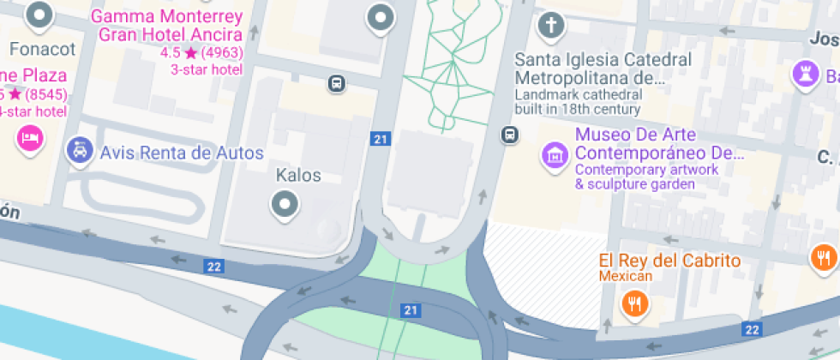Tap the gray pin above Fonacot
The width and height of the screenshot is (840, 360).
pyautogui.click(x=39, y=15)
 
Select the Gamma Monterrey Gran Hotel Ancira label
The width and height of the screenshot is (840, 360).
pyautogui.click(x=166, y=26)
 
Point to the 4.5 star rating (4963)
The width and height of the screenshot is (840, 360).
pyautogui.click(x=201, y=53)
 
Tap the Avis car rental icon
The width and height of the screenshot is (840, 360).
pyautogui.click(x=80, y=152)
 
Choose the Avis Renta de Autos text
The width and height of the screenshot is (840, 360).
pyautogui.click(x=182, y=153)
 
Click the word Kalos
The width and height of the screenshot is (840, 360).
pyautogui.click(x=298, y=176)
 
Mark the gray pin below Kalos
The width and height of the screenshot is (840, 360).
pyautogui.click(x=285, y=205)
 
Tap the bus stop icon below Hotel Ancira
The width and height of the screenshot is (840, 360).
pyautogui.click(x=336, y=84)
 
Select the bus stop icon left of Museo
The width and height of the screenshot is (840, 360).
pyautogui.click(x=510, y=135)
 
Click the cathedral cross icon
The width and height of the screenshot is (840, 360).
pyautogui.click(x=551, y=24)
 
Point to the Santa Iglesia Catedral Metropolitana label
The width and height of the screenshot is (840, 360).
pyautogui.click(x=603, y=69)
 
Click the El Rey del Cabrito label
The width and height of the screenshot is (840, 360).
pyautogui.click(x=669, y=261)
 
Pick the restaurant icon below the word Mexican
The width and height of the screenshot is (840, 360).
pyautogui.click(x=634, y=302)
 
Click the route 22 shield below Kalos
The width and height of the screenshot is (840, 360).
pyautogui.click(x=213, y=267)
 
